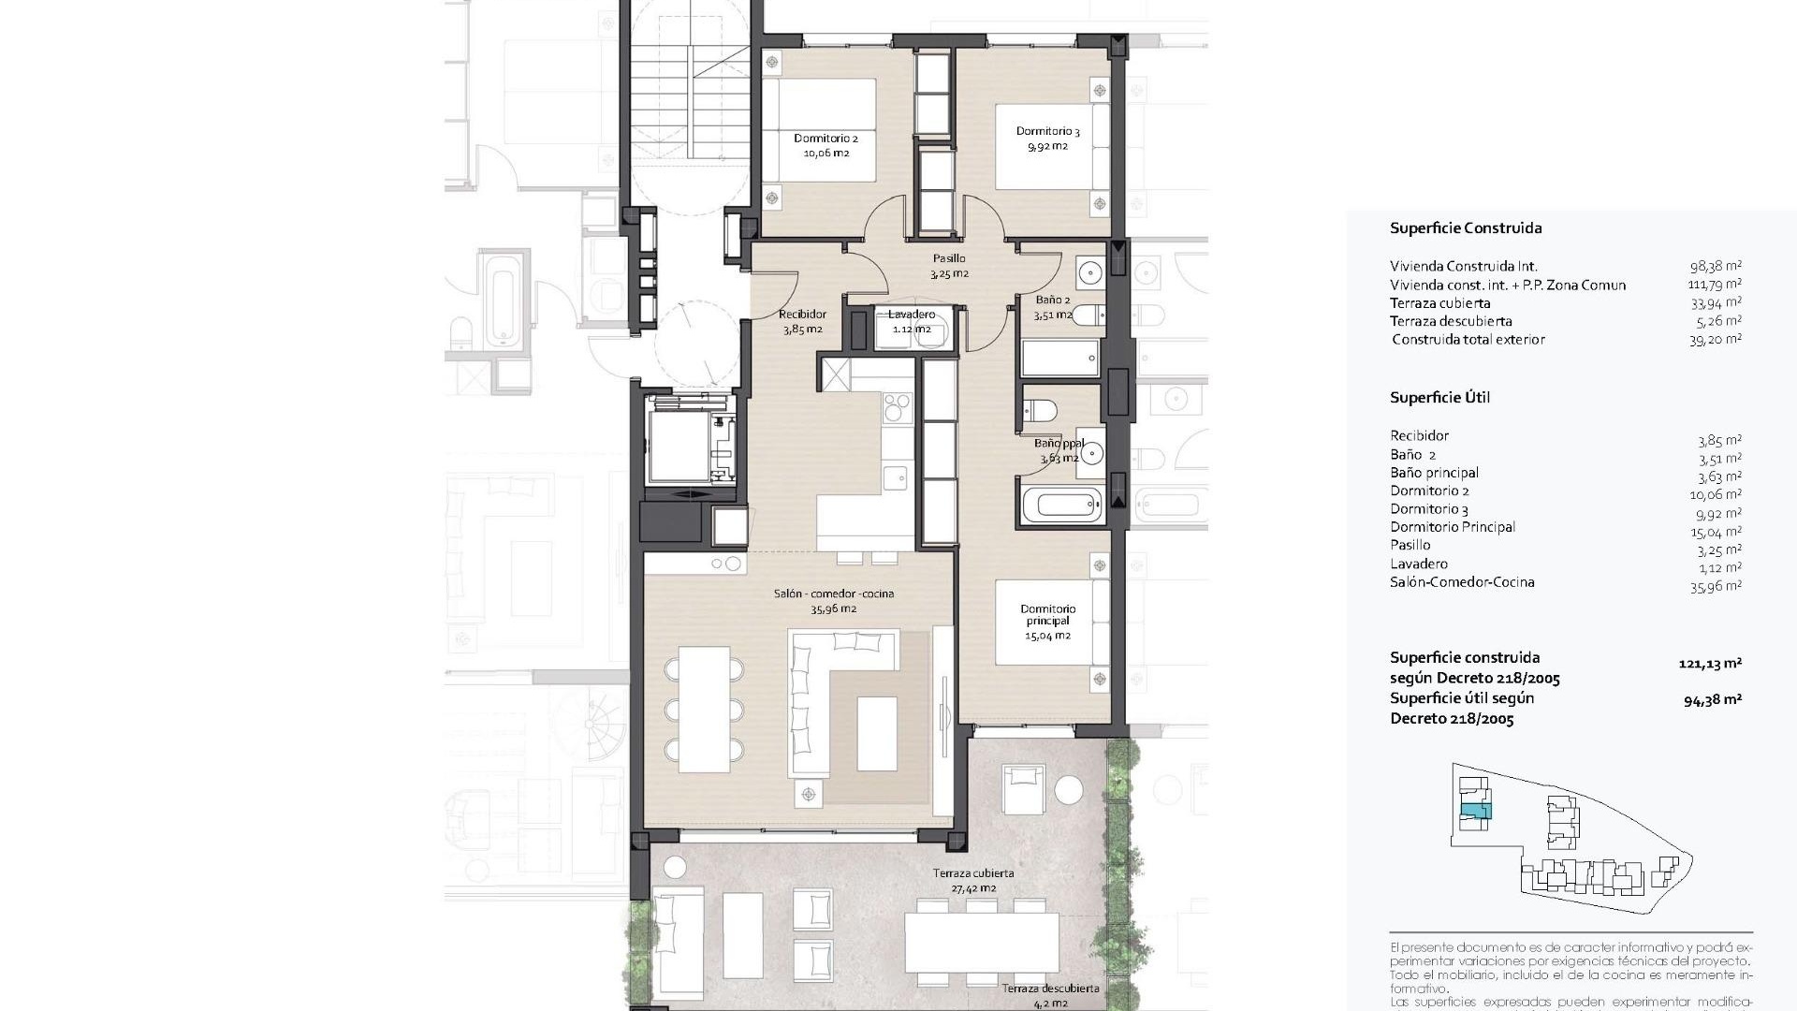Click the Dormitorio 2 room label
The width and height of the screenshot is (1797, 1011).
[x=825, y=145]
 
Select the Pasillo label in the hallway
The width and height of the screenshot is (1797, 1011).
[x=948, y=266]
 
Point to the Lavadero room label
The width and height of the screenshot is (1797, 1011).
[x=911, y=321]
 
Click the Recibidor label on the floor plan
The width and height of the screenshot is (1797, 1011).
[x=802, y=321]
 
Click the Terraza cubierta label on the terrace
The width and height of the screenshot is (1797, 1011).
[x=972, y=880]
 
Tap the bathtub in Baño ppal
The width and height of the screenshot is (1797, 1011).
[x=1066, y=506]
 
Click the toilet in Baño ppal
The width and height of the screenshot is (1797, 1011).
[x=1041, y=409]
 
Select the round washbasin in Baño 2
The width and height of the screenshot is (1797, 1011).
[x=1090, y=273]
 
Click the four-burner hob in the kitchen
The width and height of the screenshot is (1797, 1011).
[x=897, y=407]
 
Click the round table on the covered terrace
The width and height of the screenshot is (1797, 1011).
[x=1068, y=790]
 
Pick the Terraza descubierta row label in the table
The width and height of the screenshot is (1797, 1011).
[x=1451, y=321]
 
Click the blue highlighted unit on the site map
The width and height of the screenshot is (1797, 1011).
[x=1475, y=811]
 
